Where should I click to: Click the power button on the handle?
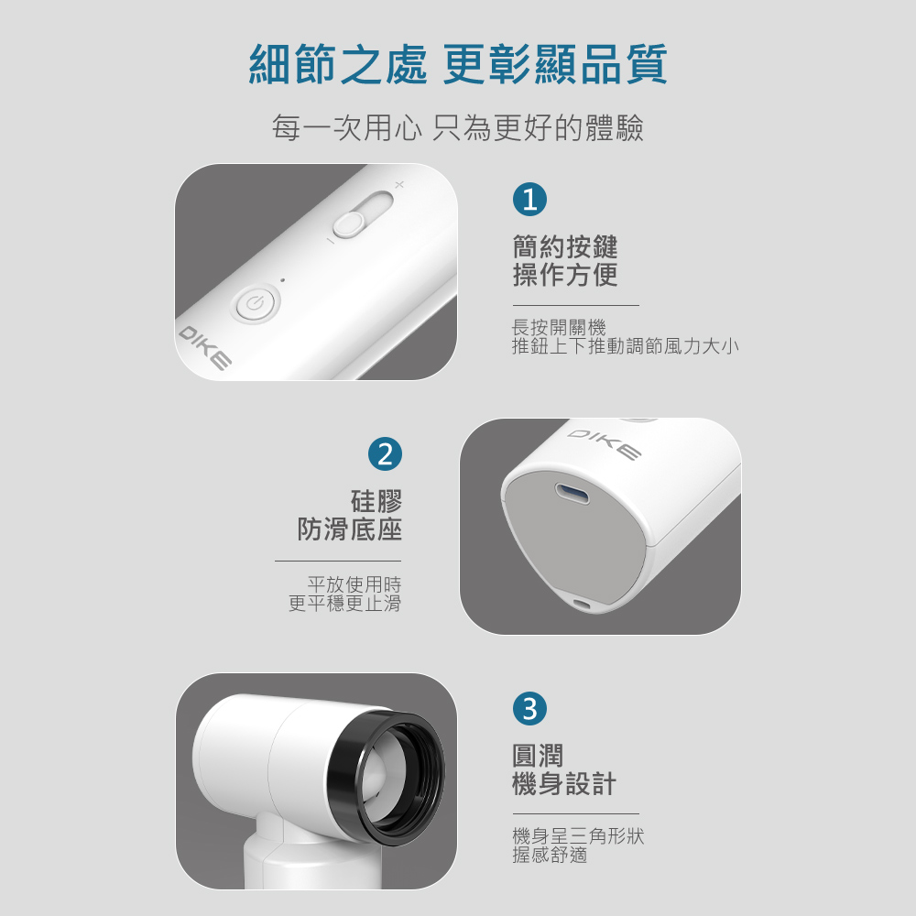pos(256,303)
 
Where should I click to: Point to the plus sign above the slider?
pos(399,185)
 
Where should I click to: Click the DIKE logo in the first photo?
pos(204,348)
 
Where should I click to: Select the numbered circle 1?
pos(529,199)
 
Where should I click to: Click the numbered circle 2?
pos(385,454)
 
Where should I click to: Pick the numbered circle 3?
pos(529,709)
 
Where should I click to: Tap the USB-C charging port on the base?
pos(572,495)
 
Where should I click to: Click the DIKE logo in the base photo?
pos(604,444)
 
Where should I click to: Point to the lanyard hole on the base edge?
pos(582,604)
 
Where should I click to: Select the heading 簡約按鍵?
pos(565,246)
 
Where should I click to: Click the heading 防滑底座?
pos(349,529)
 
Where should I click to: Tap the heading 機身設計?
pos(564,783)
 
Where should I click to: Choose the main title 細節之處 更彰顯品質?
pos(458,64)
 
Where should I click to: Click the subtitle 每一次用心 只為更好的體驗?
pos(458,128)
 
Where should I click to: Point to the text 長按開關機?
pos(559,327)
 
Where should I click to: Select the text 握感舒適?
pos(550,855)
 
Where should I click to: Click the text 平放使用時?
pos(354,583)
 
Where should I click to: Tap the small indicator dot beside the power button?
pos(283,279)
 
